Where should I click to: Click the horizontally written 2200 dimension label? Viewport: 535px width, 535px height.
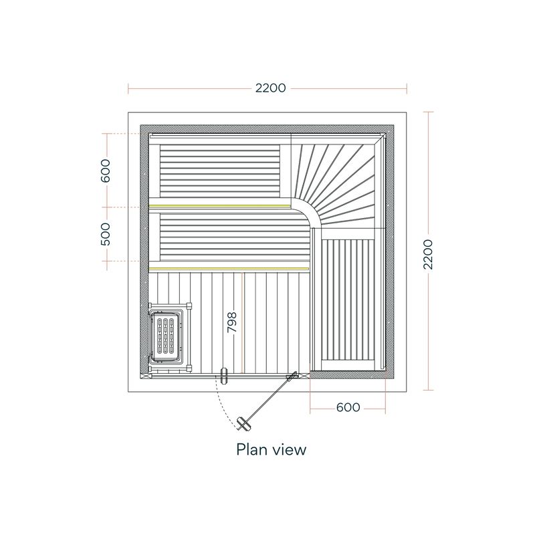pos(271,88)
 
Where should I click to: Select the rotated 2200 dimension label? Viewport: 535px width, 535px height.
pos(428,255)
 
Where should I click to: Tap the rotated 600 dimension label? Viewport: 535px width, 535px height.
pos(106,171)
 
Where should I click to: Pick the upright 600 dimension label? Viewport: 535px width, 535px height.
pos(348,407)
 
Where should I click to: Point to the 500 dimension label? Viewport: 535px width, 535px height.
pos(106,234)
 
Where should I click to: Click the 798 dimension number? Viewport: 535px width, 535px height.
pos(232,322)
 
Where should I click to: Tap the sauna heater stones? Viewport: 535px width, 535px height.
pos(165,336)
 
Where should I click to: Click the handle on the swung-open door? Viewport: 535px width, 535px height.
pos(243,423)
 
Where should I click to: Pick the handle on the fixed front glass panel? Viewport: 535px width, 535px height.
pos(224,376)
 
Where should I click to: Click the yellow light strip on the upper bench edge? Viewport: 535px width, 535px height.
pos(219,206)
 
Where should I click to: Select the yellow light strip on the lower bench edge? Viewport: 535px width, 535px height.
pos(229,269)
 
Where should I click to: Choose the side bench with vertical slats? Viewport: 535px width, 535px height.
pos(348,300)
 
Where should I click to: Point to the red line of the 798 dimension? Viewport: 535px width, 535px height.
pos(242,323)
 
